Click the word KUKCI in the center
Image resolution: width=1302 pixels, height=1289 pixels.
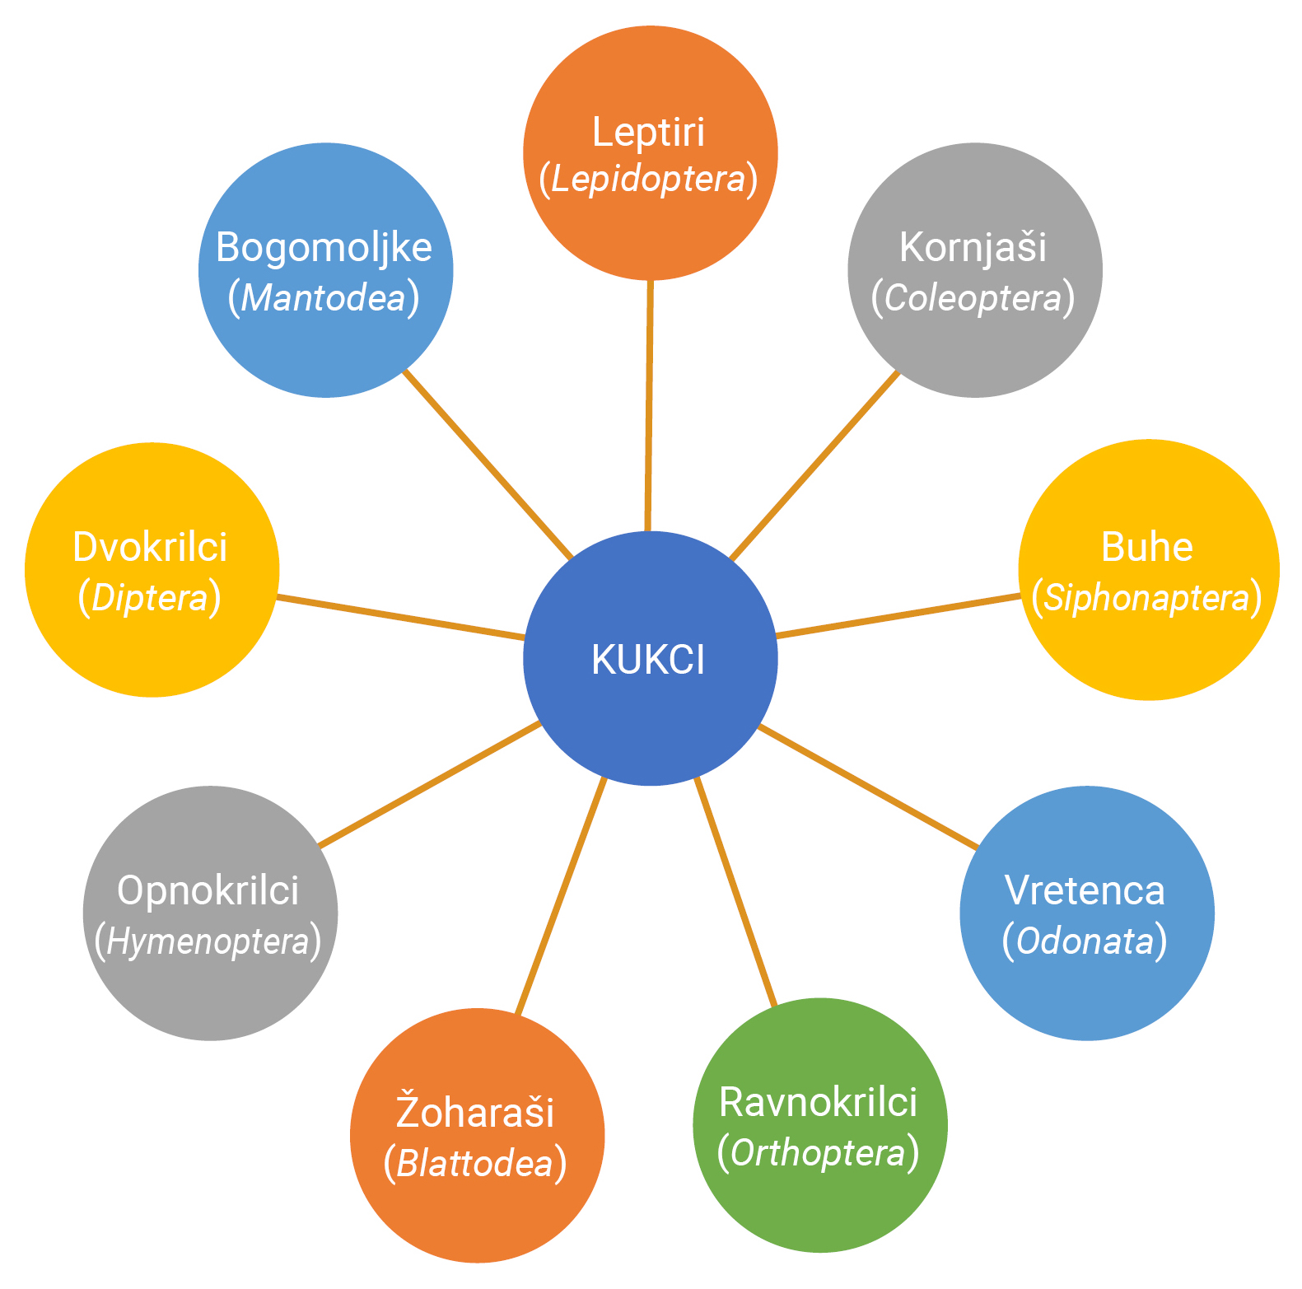(648, 660)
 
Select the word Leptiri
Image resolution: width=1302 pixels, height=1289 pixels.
(648, 133)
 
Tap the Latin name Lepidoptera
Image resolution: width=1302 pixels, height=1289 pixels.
(648, 180)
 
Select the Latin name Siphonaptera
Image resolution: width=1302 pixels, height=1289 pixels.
(1146, 598)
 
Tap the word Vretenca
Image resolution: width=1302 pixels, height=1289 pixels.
(1085, 890)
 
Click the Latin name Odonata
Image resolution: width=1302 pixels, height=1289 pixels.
(1085, 941)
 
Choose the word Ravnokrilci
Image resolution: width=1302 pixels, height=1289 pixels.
(818, 1102)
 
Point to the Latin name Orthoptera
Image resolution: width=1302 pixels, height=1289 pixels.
(818, 1153)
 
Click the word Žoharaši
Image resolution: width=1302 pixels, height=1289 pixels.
(475, 1112)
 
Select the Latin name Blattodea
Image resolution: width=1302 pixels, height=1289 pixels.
(475, 1164)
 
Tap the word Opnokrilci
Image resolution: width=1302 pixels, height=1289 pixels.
(208, 890)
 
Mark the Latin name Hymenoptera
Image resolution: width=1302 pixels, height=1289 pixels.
(208, 942)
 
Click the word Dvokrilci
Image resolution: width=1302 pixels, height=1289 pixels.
(150, 547)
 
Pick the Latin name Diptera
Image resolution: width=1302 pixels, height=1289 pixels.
(150, 598)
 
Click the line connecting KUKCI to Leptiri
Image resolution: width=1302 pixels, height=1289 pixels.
(649, 404)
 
